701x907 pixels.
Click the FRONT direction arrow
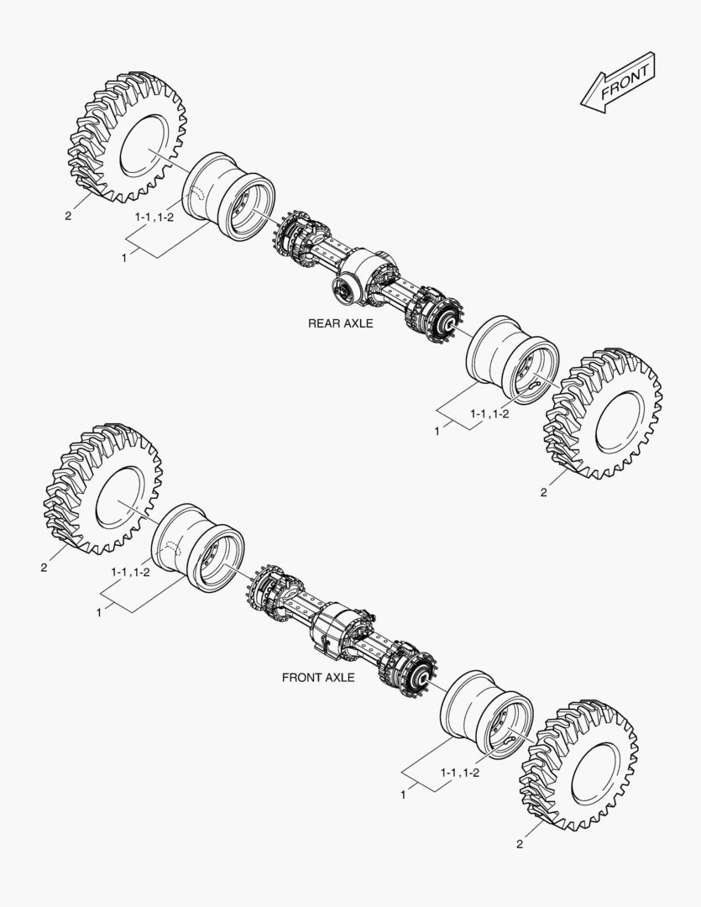coord(618,82)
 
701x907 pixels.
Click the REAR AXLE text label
coord(340,323)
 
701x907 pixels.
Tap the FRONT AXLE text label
coord(318,678)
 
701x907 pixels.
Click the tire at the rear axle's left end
coord(128,138)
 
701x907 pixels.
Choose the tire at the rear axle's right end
coord(603,413)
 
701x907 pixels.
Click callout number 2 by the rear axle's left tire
coord(68,217)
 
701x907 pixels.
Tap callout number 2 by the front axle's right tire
coord(520,844)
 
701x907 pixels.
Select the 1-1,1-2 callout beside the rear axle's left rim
coord(154,217)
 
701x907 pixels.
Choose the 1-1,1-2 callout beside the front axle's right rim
coord(460,773)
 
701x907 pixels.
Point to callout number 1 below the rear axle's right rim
coord(437,432)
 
